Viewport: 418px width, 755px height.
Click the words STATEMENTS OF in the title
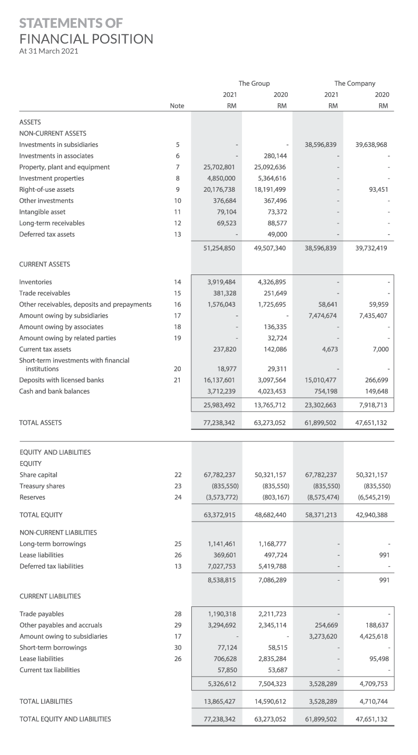tap(71, 23)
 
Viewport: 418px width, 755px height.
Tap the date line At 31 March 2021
tap(48, 51)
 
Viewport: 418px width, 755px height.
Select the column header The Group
tap(254, 83)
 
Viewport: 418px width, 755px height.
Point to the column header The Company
tap(355, 83)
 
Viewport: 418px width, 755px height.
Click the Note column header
tap(177, 106)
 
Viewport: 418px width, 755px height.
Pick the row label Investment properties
tap(52, 178)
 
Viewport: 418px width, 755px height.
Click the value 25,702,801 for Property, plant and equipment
tap(219, 167)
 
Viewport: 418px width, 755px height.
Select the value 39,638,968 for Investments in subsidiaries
tap(372, 144)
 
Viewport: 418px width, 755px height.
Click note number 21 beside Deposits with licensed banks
tap(178, 380)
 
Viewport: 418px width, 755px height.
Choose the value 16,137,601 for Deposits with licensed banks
tap(219, 380)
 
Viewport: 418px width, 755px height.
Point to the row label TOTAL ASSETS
tap(40, 423)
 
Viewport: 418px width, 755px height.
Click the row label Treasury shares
tap(42, 486)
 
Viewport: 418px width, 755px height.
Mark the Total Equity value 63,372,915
tap(219, 515)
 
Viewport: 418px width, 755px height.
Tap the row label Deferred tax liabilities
tap(51, 566)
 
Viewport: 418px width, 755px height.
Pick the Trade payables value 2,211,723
tap(270, 614)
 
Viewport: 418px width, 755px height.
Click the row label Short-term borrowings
tap(53, 648)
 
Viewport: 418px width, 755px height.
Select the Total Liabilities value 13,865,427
tap(219, 701)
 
